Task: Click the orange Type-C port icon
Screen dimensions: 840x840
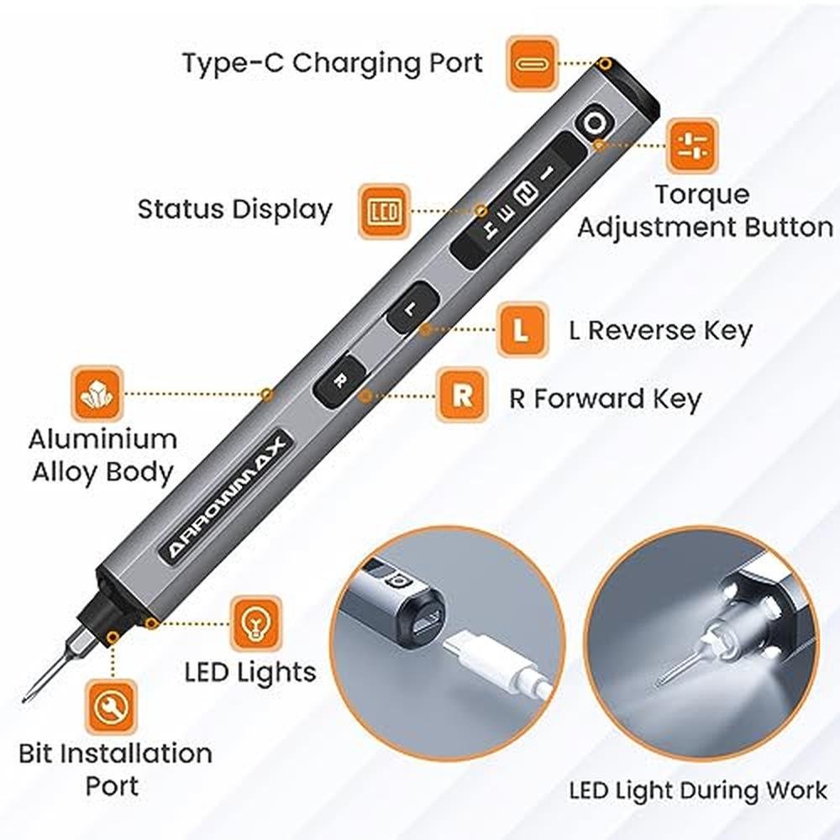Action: (532, 64)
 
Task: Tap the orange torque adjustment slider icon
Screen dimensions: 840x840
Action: (691, 146)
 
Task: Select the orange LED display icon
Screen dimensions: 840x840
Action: (384, 212)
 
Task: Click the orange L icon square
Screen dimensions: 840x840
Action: (522, 329)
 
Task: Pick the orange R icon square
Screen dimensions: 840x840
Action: (462, 396)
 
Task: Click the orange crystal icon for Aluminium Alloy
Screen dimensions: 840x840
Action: (97, 394)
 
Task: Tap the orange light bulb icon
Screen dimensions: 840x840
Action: (255, 623)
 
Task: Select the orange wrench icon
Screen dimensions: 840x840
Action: (112, 707)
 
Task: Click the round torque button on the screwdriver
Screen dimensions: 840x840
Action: (594, 123)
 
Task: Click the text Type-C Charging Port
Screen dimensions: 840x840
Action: (333, 64)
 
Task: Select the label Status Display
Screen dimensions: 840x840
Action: (234, 209)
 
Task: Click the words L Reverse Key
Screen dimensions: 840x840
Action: (660, 330)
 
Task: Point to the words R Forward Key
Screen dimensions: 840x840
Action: (606, 399)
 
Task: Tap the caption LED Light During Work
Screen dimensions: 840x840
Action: (698, 790)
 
